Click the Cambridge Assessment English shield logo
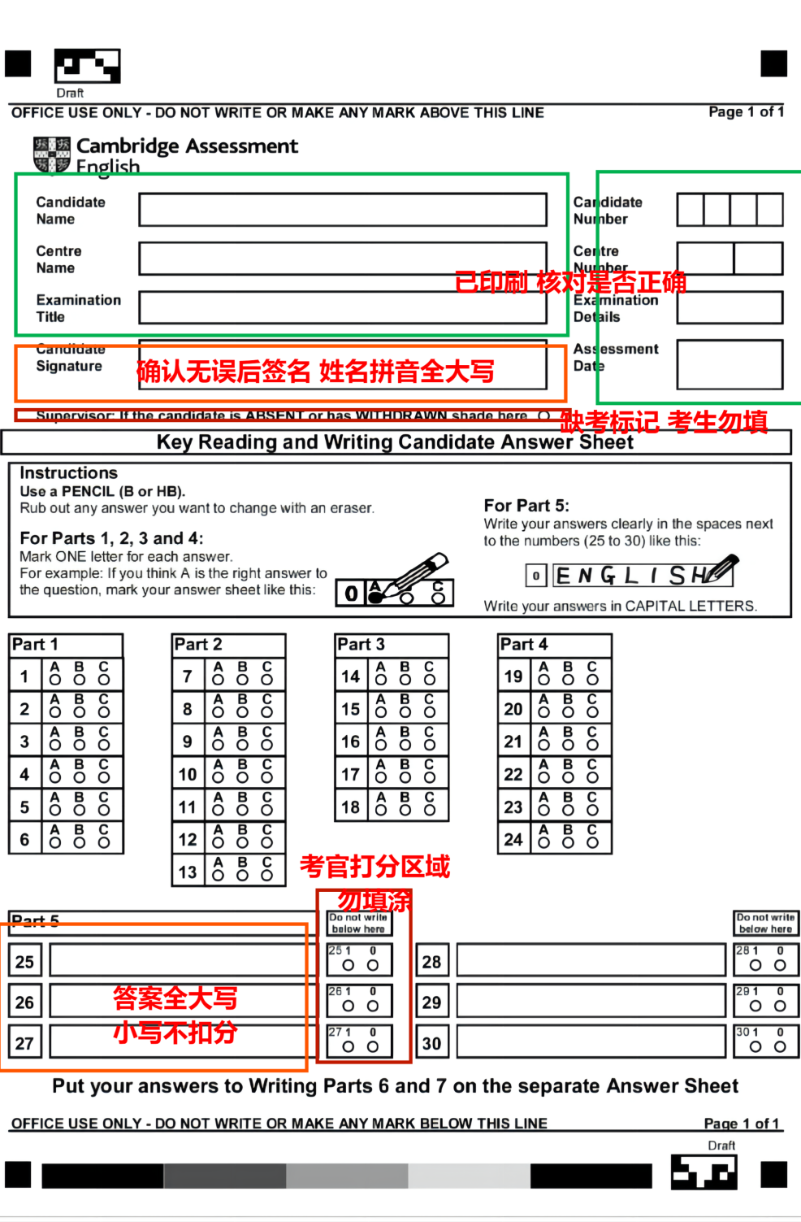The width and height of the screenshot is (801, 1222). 51,154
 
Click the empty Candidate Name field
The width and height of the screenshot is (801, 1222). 342,210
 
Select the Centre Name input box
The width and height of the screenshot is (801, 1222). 342,259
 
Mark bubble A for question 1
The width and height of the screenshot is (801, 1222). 55,680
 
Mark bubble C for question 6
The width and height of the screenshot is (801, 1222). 104,842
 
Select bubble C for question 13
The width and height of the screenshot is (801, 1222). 266,875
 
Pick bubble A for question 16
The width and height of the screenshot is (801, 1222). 381,745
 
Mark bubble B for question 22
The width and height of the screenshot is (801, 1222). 568,777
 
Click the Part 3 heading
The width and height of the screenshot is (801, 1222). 361,645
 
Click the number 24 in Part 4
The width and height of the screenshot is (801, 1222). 513,839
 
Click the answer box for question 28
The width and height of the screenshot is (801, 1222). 591,960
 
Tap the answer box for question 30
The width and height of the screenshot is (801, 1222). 591,1042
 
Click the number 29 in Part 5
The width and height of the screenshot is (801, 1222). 431,1002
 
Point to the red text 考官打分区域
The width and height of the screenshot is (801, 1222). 375,867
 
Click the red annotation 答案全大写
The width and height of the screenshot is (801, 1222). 175,998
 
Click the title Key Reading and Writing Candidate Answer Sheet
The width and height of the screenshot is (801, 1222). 395,442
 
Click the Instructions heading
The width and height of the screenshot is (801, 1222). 68,473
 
